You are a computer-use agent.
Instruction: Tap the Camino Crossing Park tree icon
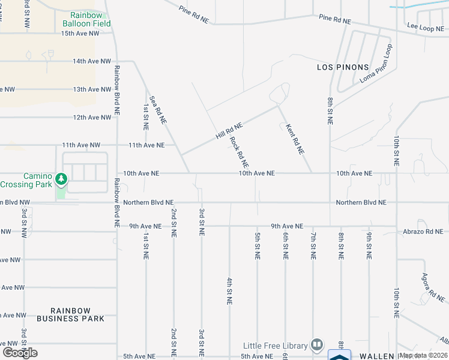tap(61, 179)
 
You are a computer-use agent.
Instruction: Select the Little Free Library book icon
tap(316, 345)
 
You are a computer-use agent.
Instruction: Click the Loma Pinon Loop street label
tap(376, 64)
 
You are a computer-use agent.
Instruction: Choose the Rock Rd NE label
tap(239, 152)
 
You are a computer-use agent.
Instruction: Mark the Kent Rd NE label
tap(295, 139)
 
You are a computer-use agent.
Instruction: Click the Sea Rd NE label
tap(157, 110)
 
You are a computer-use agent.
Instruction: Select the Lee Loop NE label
tap(423, 27)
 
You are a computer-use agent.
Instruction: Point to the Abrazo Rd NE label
tap(424, 231)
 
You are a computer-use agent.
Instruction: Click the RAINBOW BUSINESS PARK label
tap(70, 314)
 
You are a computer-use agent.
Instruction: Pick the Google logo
tap(20, 353)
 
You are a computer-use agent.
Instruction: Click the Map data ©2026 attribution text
tap(423, 355)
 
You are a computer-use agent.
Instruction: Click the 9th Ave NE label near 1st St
tap(145, 226)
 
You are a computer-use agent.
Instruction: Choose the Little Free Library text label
tap(276, 346)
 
